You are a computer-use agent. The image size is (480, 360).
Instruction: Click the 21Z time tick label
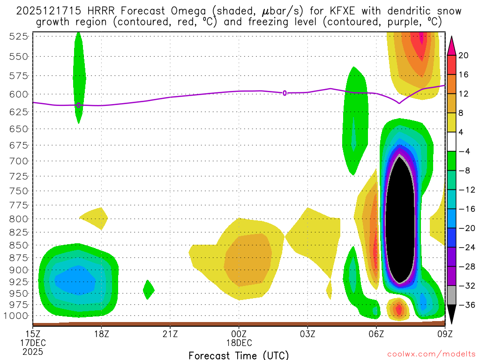click(170, 334)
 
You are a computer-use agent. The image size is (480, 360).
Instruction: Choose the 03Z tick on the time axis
click(307, 334)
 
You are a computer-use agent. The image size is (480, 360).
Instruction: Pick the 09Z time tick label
click(445, 334)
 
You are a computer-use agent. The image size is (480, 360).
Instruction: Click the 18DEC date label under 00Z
click(239, 343)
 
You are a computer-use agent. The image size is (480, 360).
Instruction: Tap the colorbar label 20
click(464, 55)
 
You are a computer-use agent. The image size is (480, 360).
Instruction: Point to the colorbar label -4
click(464, 151)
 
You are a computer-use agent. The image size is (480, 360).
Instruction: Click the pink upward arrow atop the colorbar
click(452, 46)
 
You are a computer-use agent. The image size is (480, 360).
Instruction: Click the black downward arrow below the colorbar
click(452, 314)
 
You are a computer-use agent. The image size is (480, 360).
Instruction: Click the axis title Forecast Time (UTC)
click(239, 355)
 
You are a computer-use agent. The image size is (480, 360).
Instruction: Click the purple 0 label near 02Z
click(285, 93)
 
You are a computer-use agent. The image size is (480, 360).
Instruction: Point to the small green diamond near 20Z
click(148, 289)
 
